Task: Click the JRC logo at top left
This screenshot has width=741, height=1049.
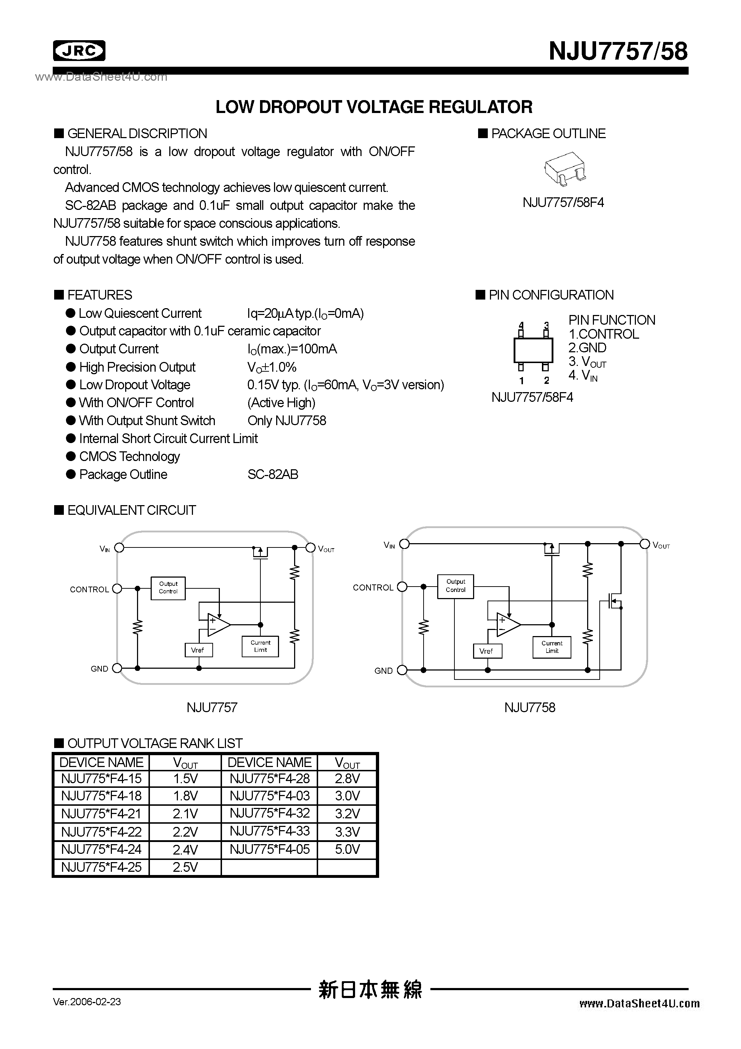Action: pyautogui.click(x=79, y=51)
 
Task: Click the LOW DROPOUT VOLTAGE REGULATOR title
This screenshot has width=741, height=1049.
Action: pyautogui.click(x=374, y=107)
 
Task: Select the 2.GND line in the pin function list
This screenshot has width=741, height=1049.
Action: pyautogui.click(x=587, y=348)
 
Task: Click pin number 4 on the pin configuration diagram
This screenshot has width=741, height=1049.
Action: pyautogui.click(x=521, y=326)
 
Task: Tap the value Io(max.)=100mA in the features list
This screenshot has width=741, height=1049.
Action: pyautogui.click(x=292, y=349)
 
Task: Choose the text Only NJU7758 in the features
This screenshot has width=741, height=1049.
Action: pyautogui.click(x=287, y=420)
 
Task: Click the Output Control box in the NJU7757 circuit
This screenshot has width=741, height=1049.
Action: pyautogui.click(x=168, y=588)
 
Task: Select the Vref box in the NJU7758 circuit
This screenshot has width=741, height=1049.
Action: pyautogui.click(x=487, y=651)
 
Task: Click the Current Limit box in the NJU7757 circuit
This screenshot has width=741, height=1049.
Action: pyautogui.click(x=260, y=646)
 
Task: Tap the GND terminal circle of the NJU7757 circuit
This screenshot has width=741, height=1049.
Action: pyautogui.click(x=117, y=668)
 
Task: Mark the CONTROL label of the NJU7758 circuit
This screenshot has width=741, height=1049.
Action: pyautogui.click(x=373, y=588)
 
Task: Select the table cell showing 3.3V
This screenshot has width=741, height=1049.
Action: pyautogui.click(x=347, y=832)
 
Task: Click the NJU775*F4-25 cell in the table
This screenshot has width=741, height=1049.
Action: pyautogui.click(x=102, y=867)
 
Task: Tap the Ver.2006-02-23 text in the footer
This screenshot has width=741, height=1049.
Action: pyautogui.click(x=87, y=1002)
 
